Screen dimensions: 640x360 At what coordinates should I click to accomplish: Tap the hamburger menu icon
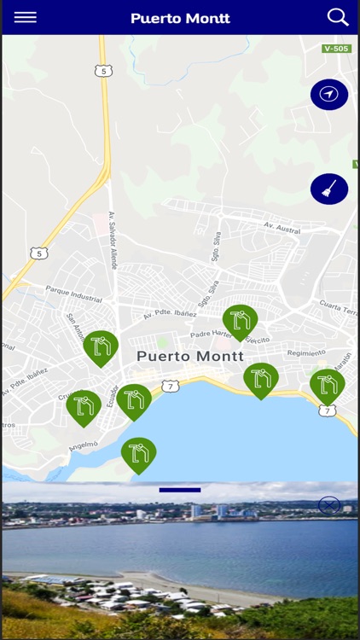coord(26,17)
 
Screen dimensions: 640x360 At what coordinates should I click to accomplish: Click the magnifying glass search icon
coord(338,17)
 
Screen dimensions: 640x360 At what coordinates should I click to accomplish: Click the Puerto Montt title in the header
coord(180,18)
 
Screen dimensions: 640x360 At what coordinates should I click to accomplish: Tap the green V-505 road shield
coord(337,49)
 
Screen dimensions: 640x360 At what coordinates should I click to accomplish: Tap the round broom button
coord(329,189)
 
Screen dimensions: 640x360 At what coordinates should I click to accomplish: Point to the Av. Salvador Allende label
coord(113,241)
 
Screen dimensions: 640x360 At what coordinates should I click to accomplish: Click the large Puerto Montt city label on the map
coord(190,356)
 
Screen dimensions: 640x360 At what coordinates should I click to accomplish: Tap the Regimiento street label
coord(306,352)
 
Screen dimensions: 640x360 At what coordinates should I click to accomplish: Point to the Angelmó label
coord(83,445)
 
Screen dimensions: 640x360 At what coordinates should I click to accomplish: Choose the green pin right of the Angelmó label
coord(138,454)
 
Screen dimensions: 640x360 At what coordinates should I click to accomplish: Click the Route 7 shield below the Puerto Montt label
coord(171,386)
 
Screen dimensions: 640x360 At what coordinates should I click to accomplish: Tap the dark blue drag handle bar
coord(180,490)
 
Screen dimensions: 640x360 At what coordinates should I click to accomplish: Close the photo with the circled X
coord(329,505)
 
